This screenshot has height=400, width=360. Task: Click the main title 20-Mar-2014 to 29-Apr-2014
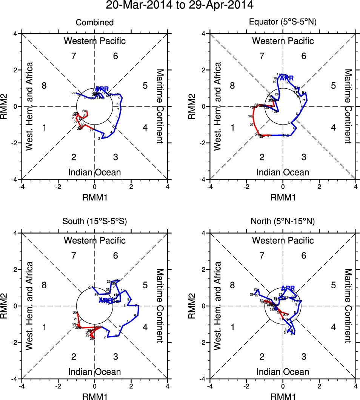pos(179,5)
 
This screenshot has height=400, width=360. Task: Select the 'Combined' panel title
pos(94,23)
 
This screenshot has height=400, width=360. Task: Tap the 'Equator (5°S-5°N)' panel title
pos(283,23)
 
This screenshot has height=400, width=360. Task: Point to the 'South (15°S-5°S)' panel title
pos(94,222)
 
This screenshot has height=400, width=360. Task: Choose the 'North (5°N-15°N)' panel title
pos(283,222)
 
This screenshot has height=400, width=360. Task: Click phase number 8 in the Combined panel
pos(44,86)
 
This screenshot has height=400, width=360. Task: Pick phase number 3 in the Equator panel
pos(304,157)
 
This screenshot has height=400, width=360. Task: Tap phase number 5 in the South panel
pos(145,286)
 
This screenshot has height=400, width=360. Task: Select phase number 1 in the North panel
pos(232,327)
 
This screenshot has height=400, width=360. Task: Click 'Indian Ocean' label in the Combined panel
pos(94,172)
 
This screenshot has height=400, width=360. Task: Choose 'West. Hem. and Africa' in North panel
pos(218,306)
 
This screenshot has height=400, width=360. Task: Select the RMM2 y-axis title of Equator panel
pos(196,106)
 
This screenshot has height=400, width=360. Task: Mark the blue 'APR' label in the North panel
pos(288,288)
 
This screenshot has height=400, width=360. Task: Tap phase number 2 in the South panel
pos(74,356)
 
